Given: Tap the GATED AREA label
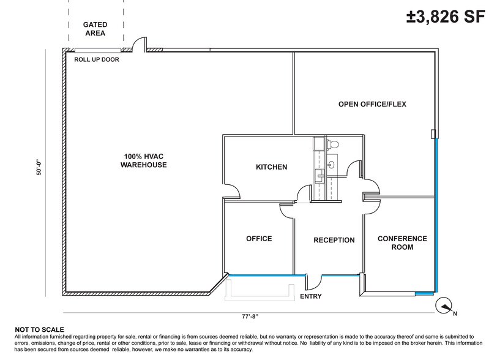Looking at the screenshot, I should point(95,29).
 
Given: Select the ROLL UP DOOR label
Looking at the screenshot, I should point(96,60).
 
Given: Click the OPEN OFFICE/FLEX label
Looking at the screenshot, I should point(372,104).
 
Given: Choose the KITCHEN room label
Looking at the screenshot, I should point(271,167).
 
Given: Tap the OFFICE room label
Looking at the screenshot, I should point(258,239).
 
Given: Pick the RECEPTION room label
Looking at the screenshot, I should point(334,240).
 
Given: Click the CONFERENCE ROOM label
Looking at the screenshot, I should point(402,242).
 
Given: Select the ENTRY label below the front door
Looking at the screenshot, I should point(311,297).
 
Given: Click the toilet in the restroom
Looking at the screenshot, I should point(334,144).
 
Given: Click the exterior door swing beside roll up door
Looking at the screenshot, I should point(140,45).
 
